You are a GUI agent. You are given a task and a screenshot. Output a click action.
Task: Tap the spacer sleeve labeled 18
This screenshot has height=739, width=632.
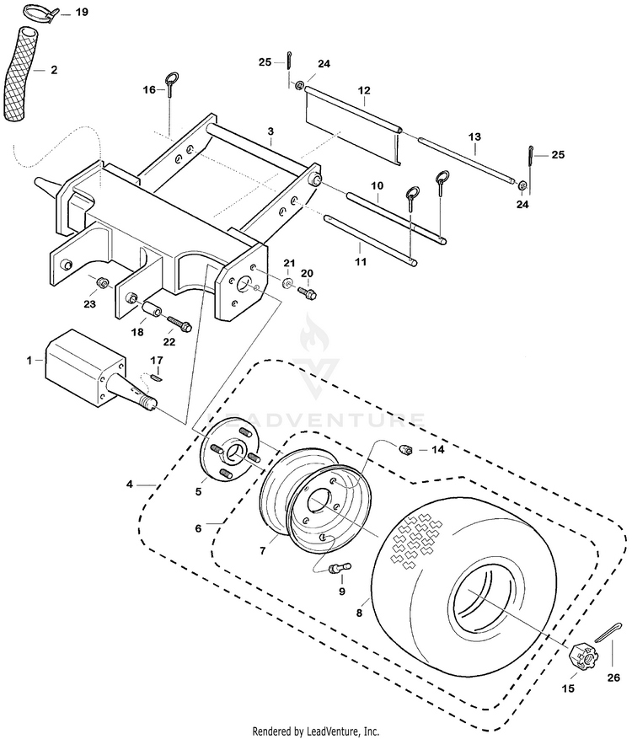click(150, 311)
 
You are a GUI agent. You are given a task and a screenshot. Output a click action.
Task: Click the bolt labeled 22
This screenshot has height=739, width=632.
click(178, 323)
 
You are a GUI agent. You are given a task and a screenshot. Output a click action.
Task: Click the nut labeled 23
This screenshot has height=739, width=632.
click(100, 283)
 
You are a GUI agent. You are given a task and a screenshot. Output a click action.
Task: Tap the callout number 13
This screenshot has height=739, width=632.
click(474, 137)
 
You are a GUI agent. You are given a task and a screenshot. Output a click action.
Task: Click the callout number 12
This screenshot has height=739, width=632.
click(364, 90)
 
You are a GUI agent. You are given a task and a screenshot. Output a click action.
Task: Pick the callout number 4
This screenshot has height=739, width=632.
click(129, 484)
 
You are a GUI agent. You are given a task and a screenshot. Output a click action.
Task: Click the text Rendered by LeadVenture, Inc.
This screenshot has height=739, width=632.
click(316, 731)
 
